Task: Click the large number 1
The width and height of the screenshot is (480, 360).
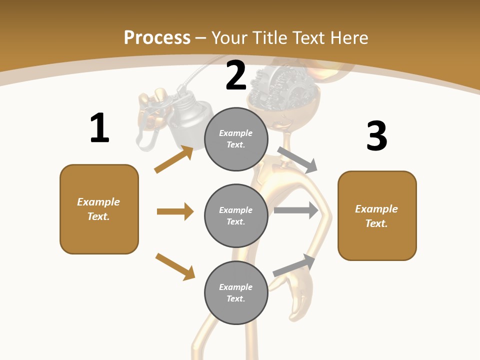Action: (99, 128)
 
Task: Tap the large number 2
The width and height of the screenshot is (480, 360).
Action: (236, 75)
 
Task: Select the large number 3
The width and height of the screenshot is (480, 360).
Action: (376, 136)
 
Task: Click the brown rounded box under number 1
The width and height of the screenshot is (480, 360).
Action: (99, 209)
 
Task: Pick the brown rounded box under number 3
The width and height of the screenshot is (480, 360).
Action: (377, 216)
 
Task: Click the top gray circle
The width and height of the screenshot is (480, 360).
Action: (236, 139)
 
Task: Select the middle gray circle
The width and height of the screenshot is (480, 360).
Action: (236, 215)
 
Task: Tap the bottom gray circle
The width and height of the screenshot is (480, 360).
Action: (236, 292)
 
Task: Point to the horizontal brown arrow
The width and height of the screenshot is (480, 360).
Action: (175, 211)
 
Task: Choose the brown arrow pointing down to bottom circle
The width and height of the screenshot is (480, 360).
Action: (175, 266)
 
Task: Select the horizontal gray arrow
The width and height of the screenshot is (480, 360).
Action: (296, 210)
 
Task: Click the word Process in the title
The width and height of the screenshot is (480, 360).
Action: (157, 37)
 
